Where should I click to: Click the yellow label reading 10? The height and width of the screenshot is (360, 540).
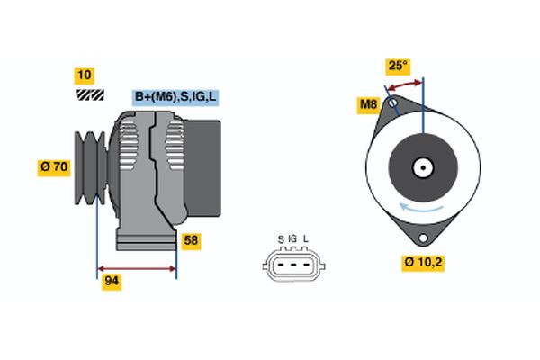(x=85, y=75)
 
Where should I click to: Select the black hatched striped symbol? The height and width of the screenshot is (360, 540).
(x=89, y=94)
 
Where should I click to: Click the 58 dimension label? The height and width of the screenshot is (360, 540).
(x=191, y=240)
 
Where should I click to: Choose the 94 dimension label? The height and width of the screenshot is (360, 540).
(x=112, y=282)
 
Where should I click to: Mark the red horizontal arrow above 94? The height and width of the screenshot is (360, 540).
(x=137, y=268)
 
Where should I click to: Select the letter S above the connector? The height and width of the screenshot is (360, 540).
(x=281, y=238)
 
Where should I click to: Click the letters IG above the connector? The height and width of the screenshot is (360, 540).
(x=292, y=238)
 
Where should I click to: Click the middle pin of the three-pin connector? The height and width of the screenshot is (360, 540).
(x=292, y=263)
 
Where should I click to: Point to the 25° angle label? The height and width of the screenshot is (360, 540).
(x=397, y=66)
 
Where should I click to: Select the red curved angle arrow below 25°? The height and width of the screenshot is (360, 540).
(x=405, y=85)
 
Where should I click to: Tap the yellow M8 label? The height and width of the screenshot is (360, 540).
(x=368, y=105)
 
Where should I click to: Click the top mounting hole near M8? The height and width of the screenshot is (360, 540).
(x=392, y=103)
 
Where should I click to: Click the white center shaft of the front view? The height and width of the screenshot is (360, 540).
(x=422, y=167)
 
